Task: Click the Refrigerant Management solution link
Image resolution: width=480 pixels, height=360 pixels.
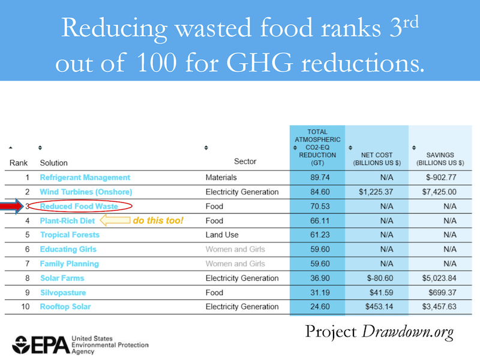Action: (x=85, y=177)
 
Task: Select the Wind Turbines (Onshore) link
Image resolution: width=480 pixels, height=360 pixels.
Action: (x=86, y=192)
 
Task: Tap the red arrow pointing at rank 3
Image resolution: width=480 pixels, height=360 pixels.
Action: (x=11, y=206)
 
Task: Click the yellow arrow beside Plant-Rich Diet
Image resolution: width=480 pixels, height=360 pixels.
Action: (x=115, y=220)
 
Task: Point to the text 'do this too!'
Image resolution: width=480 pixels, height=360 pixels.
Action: (x=158, y=220)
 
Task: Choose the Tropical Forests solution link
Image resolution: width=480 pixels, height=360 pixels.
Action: (x=70, y=235)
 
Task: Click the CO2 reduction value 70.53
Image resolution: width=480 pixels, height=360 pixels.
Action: (x=320, y=206)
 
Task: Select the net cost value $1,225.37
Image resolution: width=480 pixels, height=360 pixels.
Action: (x=376, y=192)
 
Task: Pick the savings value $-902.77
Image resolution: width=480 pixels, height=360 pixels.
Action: (x=441, y=177)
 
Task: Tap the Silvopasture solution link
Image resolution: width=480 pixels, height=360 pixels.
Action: (x=63, y=293)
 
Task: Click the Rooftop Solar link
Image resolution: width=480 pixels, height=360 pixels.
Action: (x=65, y=307)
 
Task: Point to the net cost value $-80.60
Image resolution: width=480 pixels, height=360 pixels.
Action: (x=380, y=278)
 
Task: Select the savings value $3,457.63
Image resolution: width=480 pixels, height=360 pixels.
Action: (x=439, y=307)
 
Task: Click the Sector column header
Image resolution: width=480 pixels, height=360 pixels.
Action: (x=245, y=161)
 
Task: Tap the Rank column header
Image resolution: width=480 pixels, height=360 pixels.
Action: (x=19, y=163)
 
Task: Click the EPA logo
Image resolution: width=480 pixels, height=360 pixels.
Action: (x=41, y=345)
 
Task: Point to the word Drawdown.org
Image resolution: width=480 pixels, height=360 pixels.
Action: (x=408, y=332)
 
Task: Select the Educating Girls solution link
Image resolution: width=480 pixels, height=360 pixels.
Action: (x=68, y=249)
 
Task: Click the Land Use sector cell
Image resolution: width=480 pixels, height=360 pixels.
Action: (x=222, y=235)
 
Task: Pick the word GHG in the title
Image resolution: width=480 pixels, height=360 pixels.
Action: (x=259, y=63)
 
